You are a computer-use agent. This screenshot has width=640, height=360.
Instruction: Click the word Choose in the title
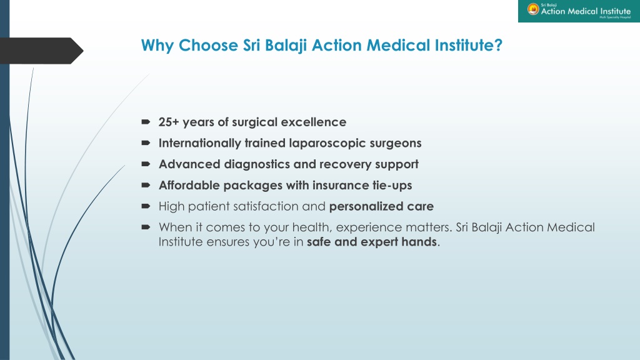tap(208, 45)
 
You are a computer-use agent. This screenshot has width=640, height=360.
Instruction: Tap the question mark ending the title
tap(498, 45)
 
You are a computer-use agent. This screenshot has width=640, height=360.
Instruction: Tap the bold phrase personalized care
tap(381, 206)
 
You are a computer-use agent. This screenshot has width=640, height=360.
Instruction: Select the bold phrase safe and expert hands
tap(371, 242)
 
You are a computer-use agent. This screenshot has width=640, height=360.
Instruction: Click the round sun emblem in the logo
tap(532, 9)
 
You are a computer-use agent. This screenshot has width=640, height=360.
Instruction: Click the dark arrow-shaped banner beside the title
tap(41, 51)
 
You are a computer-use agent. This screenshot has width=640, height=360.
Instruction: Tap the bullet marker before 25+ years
tap(146, 122)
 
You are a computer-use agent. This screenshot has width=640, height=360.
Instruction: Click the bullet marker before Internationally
tap(146, 143)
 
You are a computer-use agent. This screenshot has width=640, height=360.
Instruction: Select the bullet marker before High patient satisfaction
tap(146, 206)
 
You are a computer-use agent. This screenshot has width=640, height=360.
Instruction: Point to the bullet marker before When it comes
tap(146, 227)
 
